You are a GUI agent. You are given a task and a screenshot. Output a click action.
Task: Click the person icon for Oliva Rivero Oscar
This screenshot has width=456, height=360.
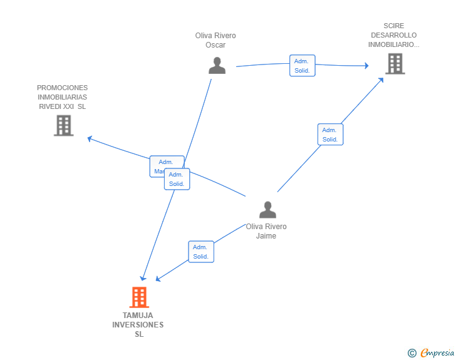tap(217, 66)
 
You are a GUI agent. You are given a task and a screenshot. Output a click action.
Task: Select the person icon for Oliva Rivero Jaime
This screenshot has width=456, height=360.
tap(267, 210)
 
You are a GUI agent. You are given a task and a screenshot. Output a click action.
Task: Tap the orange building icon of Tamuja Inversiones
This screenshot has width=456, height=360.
tap(139, 297)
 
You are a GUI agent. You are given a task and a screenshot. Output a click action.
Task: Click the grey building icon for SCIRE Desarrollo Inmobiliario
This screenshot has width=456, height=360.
tap(395, 63)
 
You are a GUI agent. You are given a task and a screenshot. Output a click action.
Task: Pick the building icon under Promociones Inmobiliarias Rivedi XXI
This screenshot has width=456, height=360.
tap(63, 125)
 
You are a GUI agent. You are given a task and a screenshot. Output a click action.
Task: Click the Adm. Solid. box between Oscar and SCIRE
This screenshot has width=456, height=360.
tap(302, 66)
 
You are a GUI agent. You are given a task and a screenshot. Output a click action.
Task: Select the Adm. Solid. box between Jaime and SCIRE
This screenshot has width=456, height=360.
tap(330, 135)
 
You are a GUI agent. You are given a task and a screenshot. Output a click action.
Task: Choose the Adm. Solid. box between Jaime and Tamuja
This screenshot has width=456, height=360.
tap(201, 252)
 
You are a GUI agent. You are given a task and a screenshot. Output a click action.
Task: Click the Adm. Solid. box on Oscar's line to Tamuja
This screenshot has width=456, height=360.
tap(177, 179)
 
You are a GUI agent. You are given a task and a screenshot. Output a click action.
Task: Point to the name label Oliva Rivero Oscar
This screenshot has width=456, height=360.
tap(215, 40)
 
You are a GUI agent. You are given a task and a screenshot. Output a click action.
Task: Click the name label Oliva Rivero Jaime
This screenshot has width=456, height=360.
tap(266, 231)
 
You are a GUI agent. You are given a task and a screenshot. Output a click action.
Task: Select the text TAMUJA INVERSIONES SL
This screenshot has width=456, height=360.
tap(138, 324)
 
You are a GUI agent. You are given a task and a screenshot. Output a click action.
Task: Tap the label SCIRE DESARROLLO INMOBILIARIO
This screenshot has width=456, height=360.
tap(393, 35)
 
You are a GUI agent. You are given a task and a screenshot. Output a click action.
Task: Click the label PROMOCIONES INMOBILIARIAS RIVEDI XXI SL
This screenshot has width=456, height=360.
tap(62, 97)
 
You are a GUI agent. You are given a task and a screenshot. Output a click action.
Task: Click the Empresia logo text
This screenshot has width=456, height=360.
tap(438, 353)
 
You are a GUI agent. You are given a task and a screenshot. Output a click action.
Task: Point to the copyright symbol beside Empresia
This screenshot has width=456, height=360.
tap(412, 354)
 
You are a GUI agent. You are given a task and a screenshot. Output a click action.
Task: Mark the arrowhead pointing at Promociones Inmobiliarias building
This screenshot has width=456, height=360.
tap(90, 138)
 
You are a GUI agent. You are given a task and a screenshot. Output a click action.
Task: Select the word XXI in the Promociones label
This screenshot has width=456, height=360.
tap(68, 106)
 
